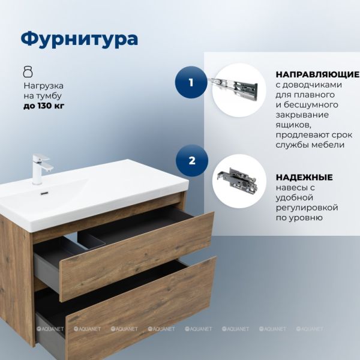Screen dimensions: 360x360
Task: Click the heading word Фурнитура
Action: tap(79, 40)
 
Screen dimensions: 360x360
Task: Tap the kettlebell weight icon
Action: tap(28, 71)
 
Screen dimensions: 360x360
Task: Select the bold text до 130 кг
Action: tap(44, 106)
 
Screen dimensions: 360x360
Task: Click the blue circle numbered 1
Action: tap(191, 82)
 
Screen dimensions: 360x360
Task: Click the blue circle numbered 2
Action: tap(192, 160)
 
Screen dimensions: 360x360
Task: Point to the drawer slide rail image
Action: tap(233, 88)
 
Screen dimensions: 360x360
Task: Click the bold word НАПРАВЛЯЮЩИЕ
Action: tap(317, 74)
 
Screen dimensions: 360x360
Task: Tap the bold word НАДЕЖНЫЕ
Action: tap(304, 177)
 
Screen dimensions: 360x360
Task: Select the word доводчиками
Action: tap(312, 85)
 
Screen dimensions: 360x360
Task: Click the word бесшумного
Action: tap(311, 104)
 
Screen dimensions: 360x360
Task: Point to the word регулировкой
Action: tap(307, 208)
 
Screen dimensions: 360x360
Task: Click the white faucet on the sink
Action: tap(41, 169)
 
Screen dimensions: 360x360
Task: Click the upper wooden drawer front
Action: tap(137, 257)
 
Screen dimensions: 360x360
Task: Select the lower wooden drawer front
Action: tap(141, 308)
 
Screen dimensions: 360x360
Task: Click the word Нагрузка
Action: tap(44, 86)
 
